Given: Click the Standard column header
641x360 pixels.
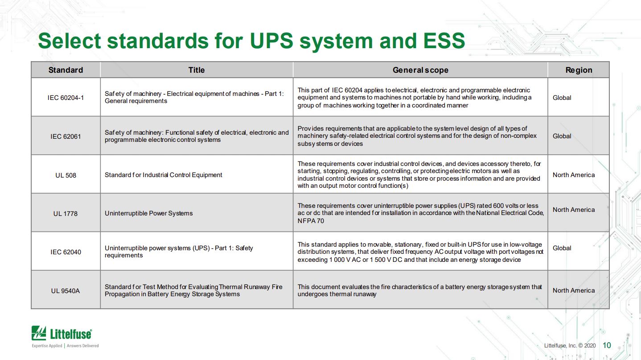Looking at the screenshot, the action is click(x=66, y=70).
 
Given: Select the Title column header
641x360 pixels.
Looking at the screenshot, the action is click(x=197, y=70).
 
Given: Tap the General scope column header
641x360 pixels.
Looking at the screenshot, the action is click(x=420, y=70).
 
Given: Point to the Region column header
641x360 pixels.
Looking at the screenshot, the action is click(x=579, y=70).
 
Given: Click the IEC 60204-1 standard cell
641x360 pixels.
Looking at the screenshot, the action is click(x=66, y=98).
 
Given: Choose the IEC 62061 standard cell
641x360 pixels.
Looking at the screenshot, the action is click(x=66, y=137).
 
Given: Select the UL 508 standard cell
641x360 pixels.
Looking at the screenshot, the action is click(x=66, y=175).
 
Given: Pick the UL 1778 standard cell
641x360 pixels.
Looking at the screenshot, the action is click(x=66, y=213).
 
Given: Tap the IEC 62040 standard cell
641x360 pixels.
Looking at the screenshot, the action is click(x=66, y=252).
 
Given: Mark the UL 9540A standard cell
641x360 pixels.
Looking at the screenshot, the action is click(x=66, y=291).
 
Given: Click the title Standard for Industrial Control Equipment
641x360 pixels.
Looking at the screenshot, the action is click(x=164, y=175).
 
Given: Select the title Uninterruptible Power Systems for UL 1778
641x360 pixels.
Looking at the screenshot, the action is click(x=148, y=213).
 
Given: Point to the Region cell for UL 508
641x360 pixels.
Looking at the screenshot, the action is click(x=573, y=175).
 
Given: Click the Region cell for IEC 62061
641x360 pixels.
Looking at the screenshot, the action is click(x=562, y=136).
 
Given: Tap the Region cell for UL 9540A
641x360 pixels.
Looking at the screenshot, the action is click(x=573, y=290).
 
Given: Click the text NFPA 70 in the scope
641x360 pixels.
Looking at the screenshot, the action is click(x=311, y=221).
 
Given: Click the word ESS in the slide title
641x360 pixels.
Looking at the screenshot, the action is click(x=444, y=41).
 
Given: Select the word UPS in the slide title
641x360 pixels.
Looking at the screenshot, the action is click(x=271, y=41).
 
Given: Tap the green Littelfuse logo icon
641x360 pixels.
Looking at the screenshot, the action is click(x=39, y=333).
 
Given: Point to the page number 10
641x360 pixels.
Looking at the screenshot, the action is click(x=607, y=345).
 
